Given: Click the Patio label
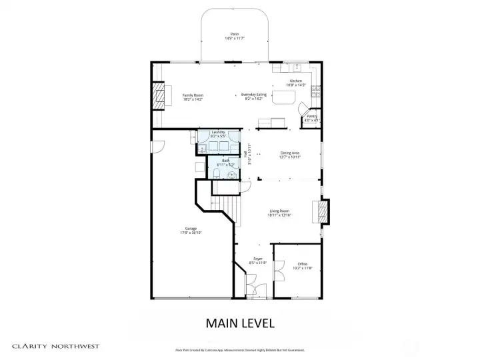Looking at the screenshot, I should click(235, 34).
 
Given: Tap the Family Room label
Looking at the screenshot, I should click(193, 95).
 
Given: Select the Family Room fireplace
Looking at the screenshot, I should click(158, 96).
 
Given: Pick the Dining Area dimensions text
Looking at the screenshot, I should click(290, 157).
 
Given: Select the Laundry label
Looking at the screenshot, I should click(218, 132).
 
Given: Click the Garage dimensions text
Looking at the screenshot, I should click(191, 233).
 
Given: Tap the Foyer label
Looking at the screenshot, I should click(258, 259).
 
